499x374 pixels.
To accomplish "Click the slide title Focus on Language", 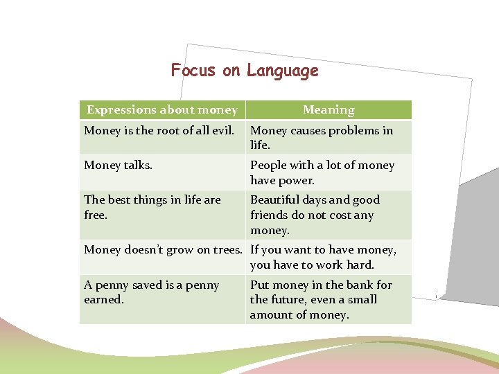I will point(245,71).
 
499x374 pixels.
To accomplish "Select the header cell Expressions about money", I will point(162,110).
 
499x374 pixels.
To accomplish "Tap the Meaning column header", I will point(329,110).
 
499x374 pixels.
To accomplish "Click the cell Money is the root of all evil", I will point(162,130).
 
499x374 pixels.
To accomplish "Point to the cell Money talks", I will point(119,165).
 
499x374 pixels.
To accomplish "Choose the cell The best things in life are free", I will point(152,207).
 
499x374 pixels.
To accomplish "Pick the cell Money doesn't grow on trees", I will point(163,249).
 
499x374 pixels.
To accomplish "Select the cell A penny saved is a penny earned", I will point(151,292).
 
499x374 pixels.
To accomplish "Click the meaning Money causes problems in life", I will point(321,138).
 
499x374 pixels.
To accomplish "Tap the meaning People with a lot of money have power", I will point(322,172).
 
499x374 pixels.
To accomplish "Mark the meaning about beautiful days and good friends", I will point(315,215).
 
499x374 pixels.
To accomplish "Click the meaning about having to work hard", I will point(323,257).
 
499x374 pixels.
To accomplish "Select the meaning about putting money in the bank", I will point(321,300).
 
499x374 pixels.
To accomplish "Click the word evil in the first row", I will point(230,130).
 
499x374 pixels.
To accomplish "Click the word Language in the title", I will point(283,71).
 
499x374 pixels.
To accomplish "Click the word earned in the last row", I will point(103,300).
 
